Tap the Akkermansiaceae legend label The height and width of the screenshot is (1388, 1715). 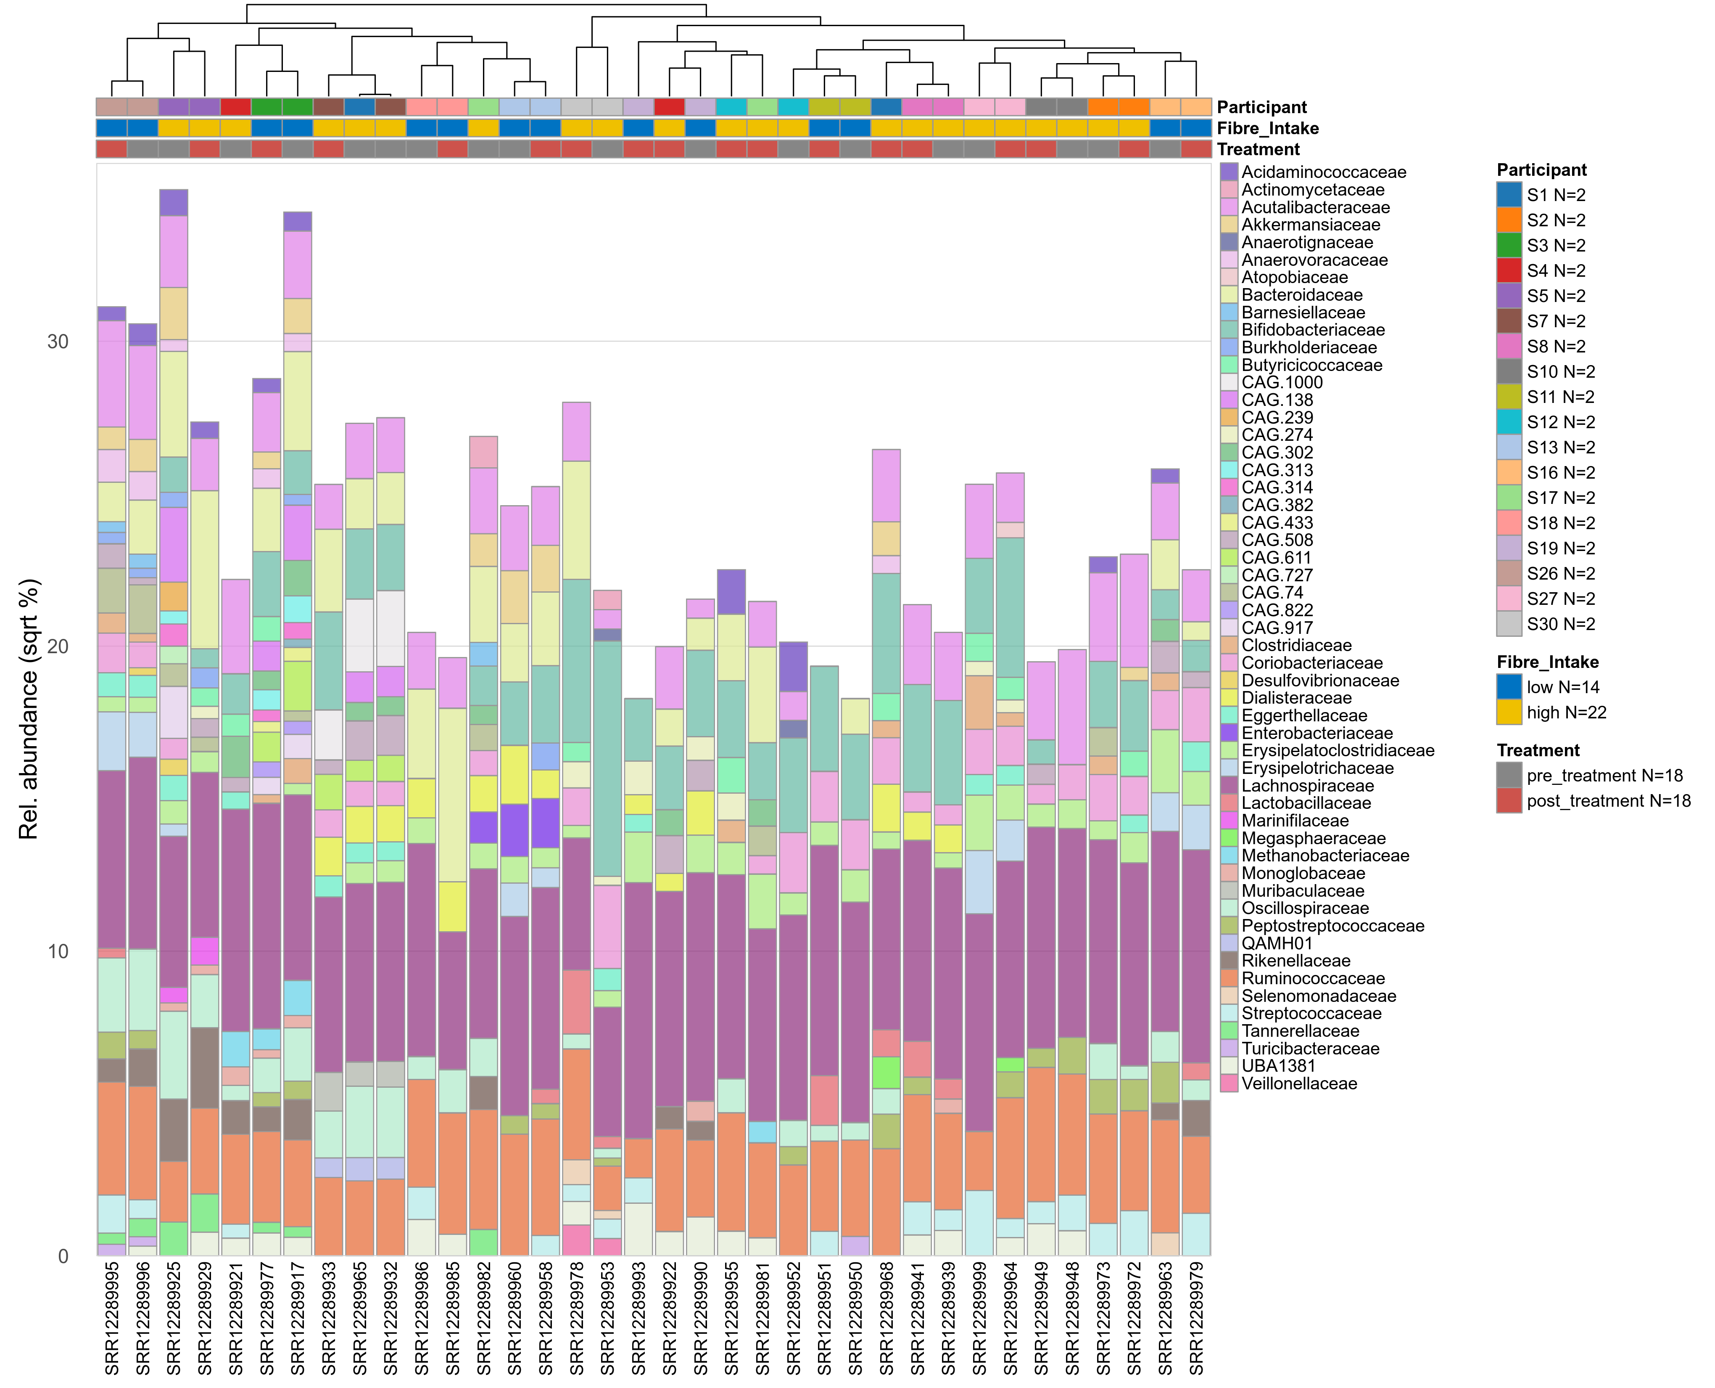point(1311,225)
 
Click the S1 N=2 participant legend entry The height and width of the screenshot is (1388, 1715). point(1555,195)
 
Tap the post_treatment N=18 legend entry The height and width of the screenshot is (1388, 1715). point(1608,801)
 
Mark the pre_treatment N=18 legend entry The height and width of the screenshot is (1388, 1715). point(1604,776)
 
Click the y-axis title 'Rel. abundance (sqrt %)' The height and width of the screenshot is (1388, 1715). point(29,709)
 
